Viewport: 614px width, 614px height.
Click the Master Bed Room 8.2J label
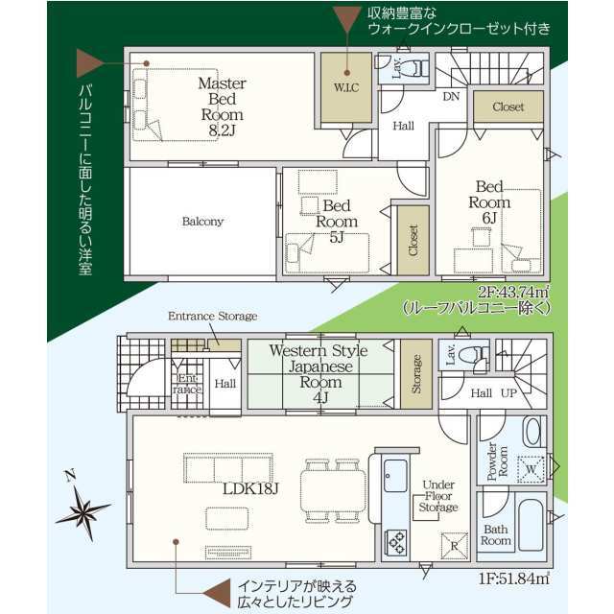click(x=222, y=106)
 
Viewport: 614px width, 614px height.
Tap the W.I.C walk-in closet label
click(x=346, y=87)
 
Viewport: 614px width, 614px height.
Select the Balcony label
click(x=202, y=222)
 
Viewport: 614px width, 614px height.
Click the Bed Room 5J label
click(x=337, y=222)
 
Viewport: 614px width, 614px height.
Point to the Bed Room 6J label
click(x=489, y=202)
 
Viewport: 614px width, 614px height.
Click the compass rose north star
click(x=83, y=508)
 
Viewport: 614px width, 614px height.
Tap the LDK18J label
click(x=250, y=488)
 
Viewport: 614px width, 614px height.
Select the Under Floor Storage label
click(x=438, y=496)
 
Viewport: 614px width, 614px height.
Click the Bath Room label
click(x=496, y=535)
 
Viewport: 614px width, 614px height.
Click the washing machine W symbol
click(x=531, y=469)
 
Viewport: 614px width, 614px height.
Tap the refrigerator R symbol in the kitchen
click(x=454, y=546)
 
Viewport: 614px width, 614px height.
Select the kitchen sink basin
click(x=395, y=476)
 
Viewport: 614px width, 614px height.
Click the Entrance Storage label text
click(x=213, y=316)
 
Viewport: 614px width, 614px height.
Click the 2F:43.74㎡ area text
click(x=513, y=292)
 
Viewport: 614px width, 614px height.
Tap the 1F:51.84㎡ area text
click(x=514, y=579)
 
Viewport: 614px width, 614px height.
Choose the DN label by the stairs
click(x=451, y=96)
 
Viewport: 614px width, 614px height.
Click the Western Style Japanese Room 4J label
click(x=319, y=374)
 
